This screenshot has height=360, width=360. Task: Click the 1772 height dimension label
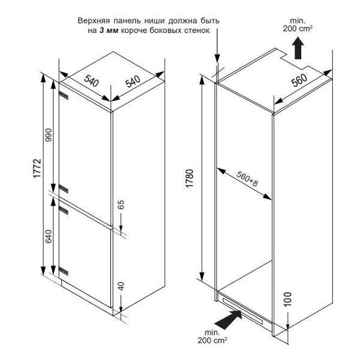pyautogui.click(x=37, y=168)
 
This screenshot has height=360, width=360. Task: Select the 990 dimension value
pyautogui.click(x=49, y=135)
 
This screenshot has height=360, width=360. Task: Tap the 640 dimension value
pyautogui.click(x=49, y=236)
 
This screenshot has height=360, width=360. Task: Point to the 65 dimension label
pyautogui.click(x=121, y=205)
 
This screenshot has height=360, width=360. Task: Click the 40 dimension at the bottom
pyautogui.click(x=121, y=286)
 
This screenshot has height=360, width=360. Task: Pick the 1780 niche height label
pyautogui.click(x=190, y=179)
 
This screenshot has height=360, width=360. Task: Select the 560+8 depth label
pyautogui.click(x=247, y=179)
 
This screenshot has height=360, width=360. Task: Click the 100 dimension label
pyautogui.click(x=287, y=299)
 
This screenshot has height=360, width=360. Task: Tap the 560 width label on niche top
pyautogui.click(x=299, y=80)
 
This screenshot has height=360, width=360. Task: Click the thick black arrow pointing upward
pyautogui.click(x=298, y=49)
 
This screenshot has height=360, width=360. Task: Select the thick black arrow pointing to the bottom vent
pyautogui.click(x=229, y=319)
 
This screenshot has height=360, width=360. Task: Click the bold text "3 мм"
pyautogui.click(x=109, y=31)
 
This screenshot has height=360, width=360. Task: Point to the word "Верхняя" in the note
pyautogui.click(x=94, y=21)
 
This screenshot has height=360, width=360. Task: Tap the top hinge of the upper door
pyautogui.click(x=64, y=95)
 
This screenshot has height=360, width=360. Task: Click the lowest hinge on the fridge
pyautogui.click(x=64, y=271)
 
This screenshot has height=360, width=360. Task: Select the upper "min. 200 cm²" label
pyautogui.click(x=298, y=25)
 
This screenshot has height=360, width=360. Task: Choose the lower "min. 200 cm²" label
pyautogui.click(x=212, y=337)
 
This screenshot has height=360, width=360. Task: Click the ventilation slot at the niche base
pyautogui.click(x=243, y=310)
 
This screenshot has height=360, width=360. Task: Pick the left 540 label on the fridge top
pyautogui.click(x=91, y=80)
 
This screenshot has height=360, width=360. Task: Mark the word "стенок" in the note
pyautogui.click(x=197, y=31)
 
